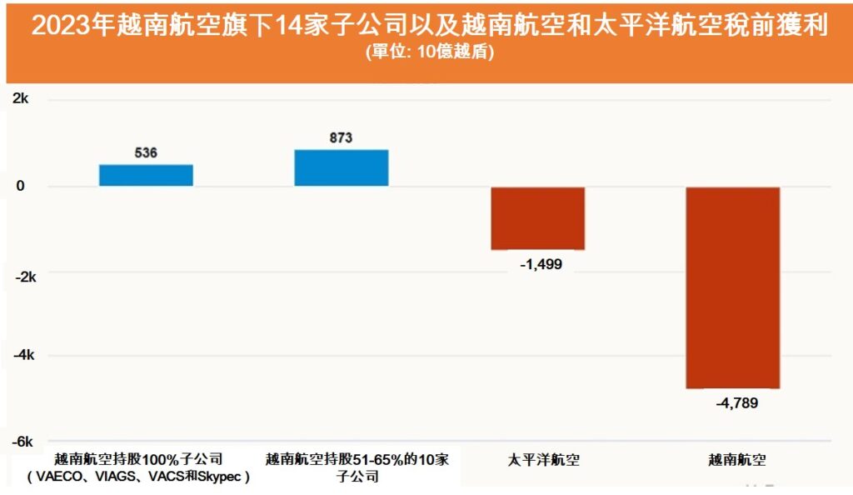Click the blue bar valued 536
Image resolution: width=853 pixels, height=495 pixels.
pos(146,175)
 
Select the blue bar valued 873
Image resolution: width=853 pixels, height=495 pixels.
pos(342,167)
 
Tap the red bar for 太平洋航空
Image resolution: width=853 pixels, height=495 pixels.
pos(537,218)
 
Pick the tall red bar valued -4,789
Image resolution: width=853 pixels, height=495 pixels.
pos(733,287)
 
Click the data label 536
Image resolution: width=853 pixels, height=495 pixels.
pos(146,153)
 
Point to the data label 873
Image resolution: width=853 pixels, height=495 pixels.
pos(341,138)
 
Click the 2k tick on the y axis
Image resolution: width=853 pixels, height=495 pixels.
pos(21,100)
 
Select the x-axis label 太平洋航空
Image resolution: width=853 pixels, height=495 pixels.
pos(537,459)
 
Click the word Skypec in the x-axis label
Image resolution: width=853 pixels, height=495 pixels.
pos(219,477)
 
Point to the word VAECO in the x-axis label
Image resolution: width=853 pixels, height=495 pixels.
pos(57,477)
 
